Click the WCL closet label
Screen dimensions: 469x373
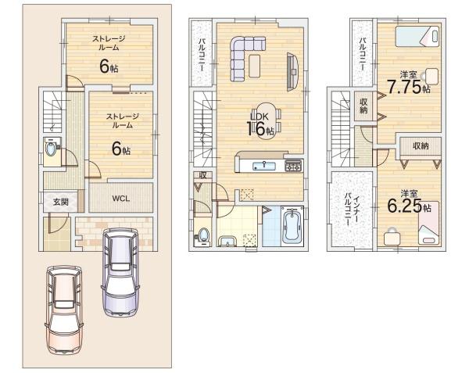coord(121,199)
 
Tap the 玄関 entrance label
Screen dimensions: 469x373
coord(61,202)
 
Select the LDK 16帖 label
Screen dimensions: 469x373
coord(260,125)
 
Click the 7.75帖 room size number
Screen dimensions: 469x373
coord(409,87)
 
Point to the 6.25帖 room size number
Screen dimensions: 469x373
coord(409,206)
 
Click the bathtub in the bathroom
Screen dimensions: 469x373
coord(292,226)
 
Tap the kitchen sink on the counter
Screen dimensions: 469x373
coord(264,166)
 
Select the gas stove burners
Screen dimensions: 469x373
coord(293,166)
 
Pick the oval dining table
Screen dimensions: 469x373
coord(266,121)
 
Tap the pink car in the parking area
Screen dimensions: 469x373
coord(64,310)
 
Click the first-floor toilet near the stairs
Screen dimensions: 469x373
coord(51,149)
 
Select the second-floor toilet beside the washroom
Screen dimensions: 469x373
coord(203,236)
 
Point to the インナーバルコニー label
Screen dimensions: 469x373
coord(352,210)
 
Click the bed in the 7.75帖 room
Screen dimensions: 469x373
coord(417,37)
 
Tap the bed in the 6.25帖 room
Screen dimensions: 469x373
coord(429,223)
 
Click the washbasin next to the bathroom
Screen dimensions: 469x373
coord(227,241)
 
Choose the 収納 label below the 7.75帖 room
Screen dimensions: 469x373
coord(421,146)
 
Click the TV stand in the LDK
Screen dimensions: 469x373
coord(292,72)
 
